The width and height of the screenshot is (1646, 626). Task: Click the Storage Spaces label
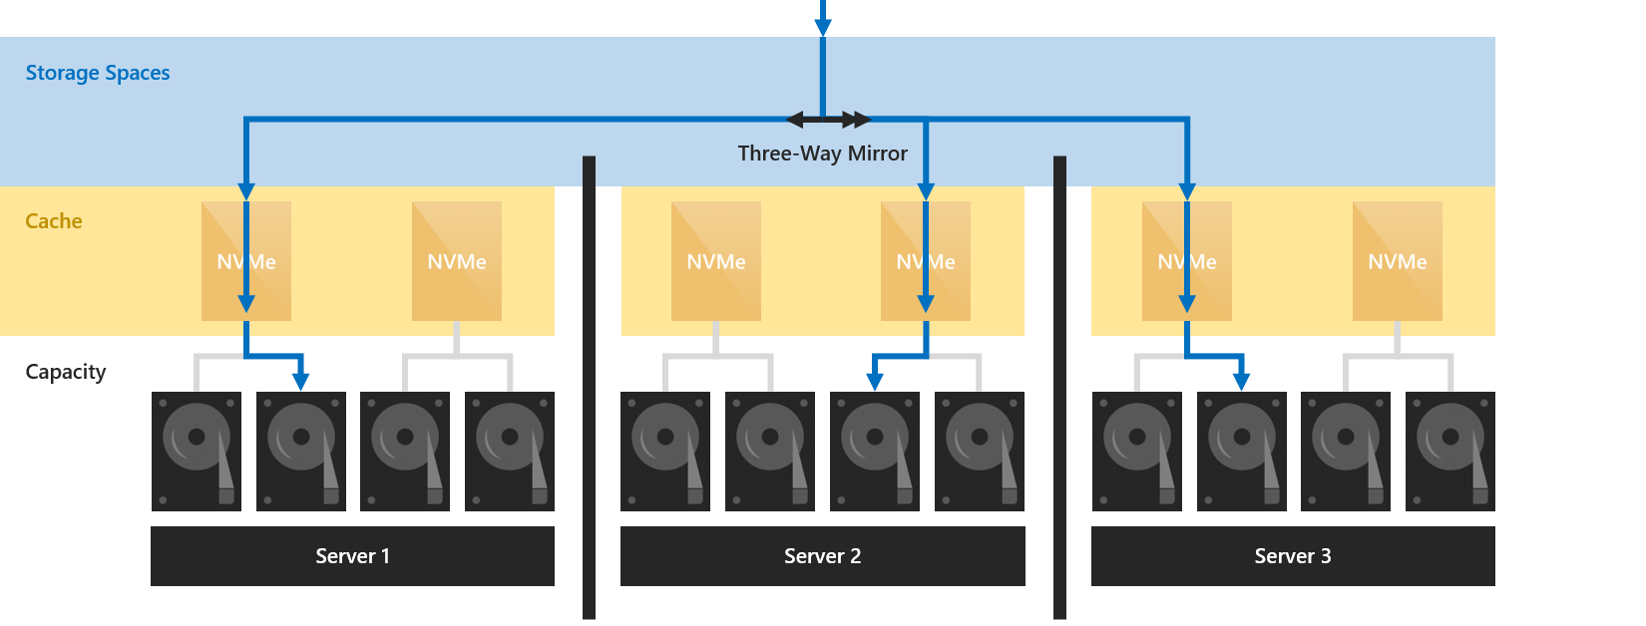[x=98, y=73]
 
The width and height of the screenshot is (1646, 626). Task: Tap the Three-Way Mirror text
[x=823, y=154]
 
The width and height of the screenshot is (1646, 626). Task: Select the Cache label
[x=54, y=221]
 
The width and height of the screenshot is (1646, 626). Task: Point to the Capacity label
[x=66, y=372]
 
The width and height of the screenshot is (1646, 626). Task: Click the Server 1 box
[x=352, y=556]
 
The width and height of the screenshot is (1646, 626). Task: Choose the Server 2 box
[x=822, y=556]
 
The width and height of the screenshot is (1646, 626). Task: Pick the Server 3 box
[x=1293, y=556]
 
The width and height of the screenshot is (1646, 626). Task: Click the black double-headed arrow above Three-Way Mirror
[x=828, y=121]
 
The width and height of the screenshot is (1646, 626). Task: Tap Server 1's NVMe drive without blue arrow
[x=457, y=261]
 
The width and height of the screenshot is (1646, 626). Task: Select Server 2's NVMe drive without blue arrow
[x=716, y=261]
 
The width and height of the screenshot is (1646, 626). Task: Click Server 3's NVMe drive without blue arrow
[x=1397, y=261]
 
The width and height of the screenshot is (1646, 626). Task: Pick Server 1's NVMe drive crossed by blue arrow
[x=246, y=261]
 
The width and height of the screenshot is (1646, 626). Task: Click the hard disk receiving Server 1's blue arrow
[x=301, y=452]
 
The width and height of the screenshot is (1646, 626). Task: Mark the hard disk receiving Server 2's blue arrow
[x=875, y=452]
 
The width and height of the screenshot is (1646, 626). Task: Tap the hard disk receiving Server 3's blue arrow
[x=1242, y=452]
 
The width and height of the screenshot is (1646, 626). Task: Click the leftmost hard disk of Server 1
[x=197, y=452]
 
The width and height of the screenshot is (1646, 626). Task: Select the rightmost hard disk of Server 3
[x=1450, y=452]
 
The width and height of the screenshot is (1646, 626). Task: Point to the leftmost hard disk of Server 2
[x=665, y=452]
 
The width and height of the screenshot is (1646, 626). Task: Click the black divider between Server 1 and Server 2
[x=589, y=389]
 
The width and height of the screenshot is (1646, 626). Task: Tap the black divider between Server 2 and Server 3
[x=1059, y=389]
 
